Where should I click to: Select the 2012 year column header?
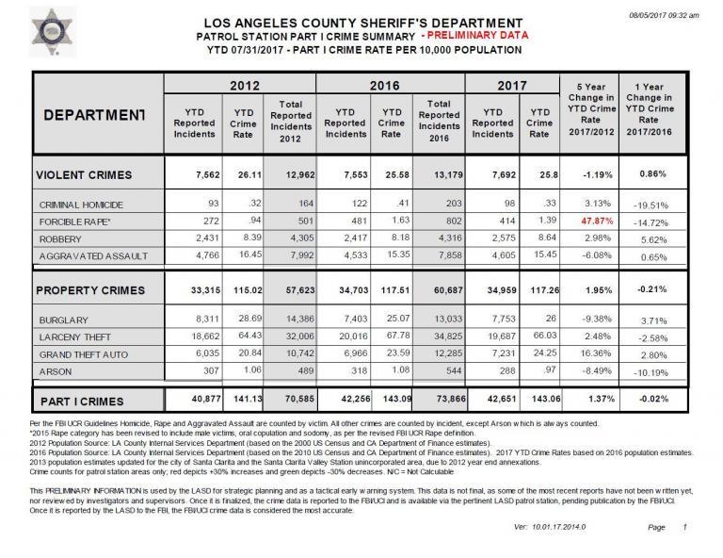point(239,86)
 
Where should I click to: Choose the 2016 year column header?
point(392,86)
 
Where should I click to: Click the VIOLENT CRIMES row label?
point(84,174)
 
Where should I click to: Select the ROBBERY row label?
point(60,239)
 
